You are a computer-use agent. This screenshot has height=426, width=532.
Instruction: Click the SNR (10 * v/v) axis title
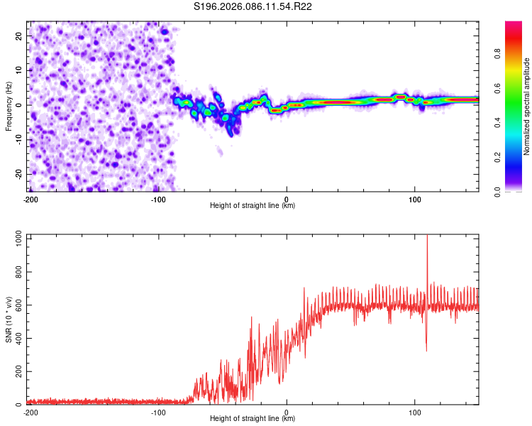9,319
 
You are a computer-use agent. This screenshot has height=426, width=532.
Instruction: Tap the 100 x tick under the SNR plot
415,413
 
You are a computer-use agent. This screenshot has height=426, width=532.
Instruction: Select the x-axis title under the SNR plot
253,419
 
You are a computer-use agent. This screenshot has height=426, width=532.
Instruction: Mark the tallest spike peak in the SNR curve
427,236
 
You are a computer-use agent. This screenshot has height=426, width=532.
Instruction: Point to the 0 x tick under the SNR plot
287,413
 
